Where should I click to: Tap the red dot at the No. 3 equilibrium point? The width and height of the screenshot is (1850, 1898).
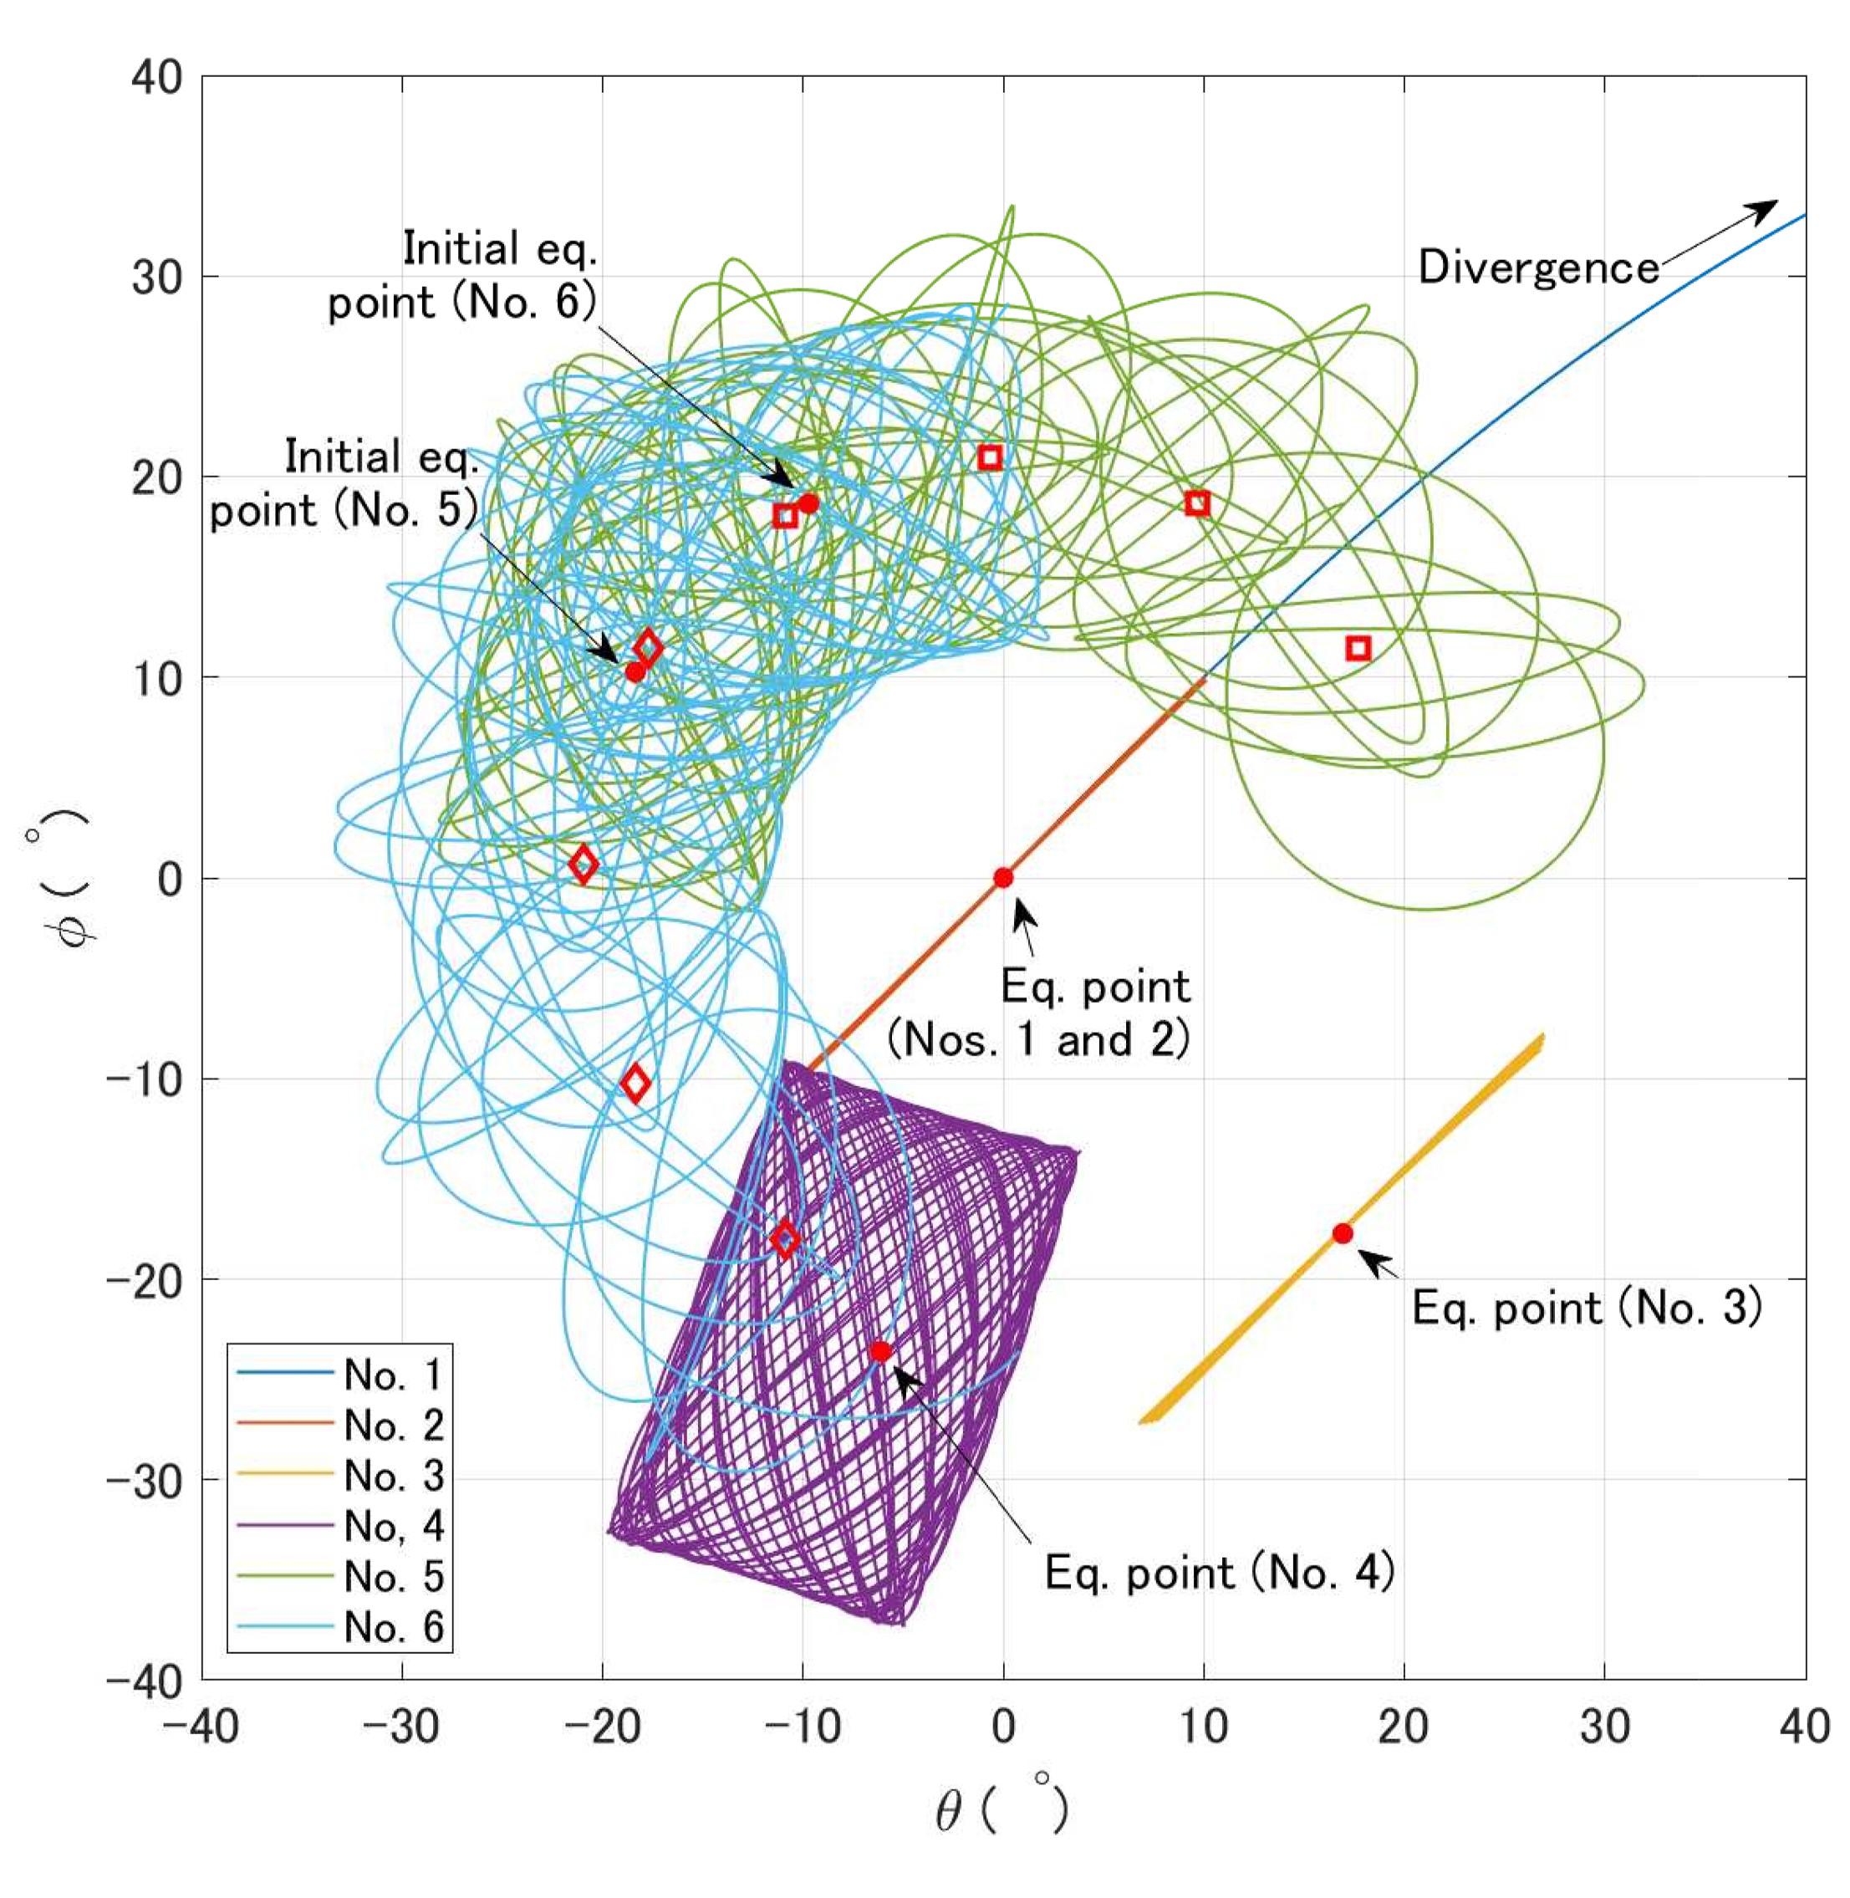pos(1343,1233)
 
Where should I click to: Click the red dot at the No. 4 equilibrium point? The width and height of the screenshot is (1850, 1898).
pos(880,1351)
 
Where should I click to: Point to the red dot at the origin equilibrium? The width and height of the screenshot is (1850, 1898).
pos(1002,878)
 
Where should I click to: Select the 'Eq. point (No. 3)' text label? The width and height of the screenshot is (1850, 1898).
pos(1586,1308)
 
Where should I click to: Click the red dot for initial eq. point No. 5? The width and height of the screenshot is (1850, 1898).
pos(635,671)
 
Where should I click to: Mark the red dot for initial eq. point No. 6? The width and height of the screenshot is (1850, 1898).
pos(808,503)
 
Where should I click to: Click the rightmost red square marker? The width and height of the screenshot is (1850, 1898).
pos(1358,648)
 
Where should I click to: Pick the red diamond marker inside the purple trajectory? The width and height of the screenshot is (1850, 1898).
pos(785,1239)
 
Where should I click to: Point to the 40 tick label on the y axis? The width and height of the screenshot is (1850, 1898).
pos(157,78)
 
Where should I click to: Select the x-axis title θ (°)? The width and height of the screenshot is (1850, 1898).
pos(1001,1809)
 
